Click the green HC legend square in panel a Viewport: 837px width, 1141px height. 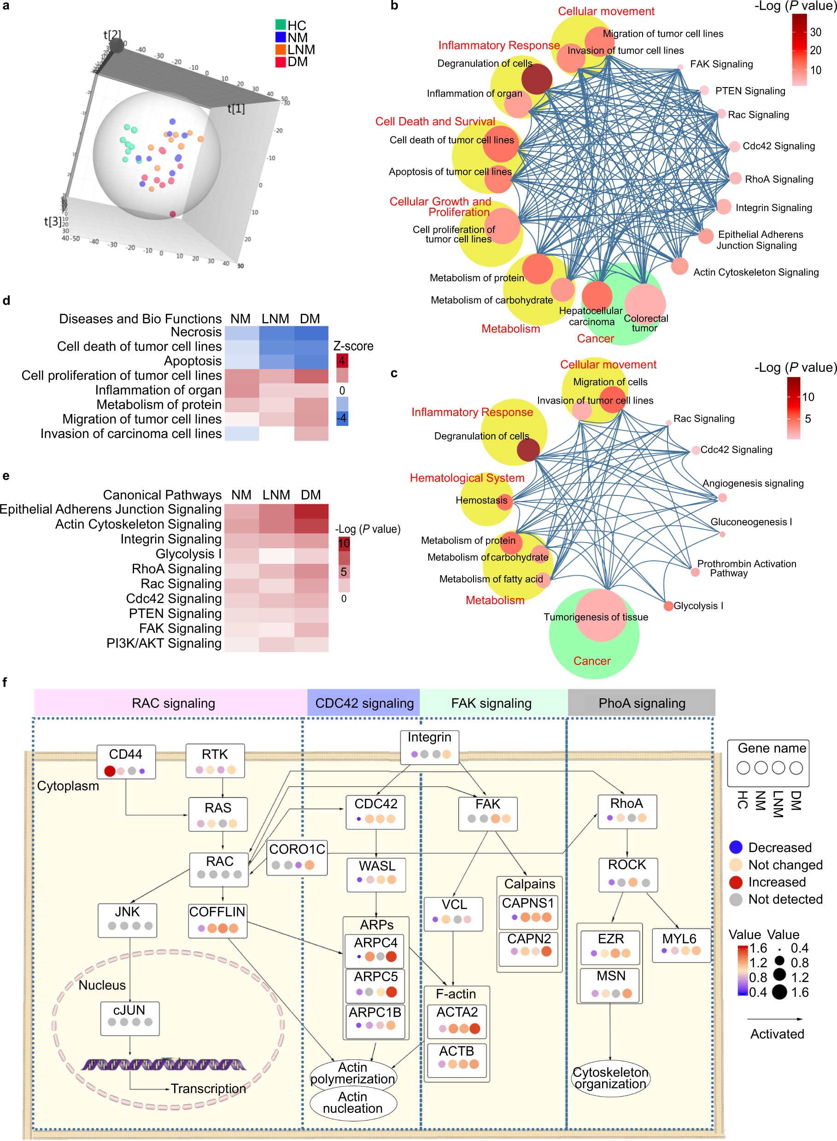coord(280,25)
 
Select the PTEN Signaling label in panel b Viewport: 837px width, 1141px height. coord(749,91)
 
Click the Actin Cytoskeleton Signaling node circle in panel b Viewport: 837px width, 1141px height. coord(679,266)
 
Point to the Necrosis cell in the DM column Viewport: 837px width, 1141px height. coord(310,333)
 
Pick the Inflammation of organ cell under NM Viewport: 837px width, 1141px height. coord(242,390)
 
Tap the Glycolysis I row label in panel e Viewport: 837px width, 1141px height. coord(188,553)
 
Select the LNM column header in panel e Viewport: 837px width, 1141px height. coord(275,495)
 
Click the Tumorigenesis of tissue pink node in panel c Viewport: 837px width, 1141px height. coord(600,615)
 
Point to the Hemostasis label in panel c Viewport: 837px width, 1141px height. coord(481,500)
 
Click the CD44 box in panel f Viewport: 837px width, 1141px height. coord(126,761)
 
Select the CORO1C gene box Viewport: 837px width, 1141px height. coord(297,857)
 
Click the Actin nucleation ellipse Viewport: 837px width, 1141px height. coord(353,1102)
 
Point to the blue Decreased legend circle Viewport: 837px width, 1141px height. coord(735,847)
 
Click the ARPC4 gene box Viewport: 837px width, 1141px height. coord(375,950)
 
